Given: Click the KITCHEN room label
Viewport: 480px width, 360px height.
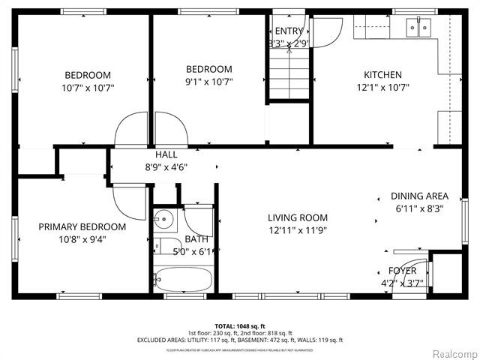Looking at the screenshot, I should tap(382, 75).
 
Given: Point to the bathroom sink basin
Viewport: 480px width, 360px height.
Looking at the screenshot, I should tap(162, 220).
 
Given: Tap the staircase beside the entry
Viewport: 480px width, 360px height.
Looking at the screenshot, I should tap(289, 75).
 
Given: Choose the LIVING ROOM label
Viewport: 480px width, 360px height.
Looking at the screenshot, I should tap(298, 218).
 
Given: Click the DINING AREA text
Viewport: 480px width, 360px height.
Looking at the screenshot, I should tap(418, 196).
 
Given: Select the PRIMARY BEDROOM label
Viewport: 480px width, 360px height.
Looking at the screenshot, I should tap(82, 226).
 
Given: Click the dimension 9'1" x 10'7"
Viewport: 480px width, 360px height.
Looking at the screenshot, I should tap(208, 82).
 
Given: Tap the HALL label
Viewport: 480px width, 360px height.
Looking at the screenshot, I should tap(166, 154).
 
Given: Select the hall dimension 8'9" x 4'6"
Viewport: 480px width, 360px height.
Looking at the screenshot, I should tap(166, 168).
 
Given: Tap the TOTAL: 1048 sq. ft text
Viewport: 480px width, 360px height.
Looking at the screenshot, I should tap(239, 325).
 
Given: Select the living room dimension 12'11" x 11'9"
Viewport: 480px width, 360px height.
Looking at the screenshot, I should tap(298, 231).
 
